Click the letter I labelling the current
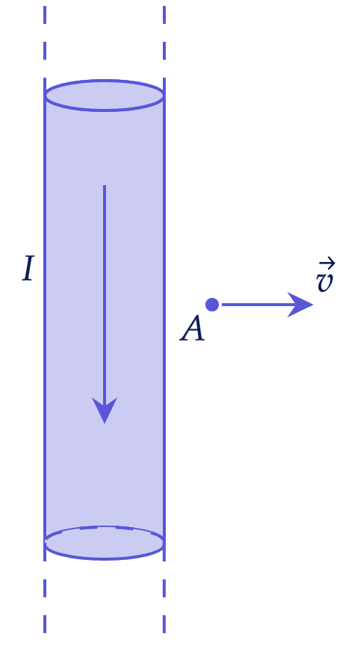28,269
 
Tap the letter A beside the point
192,328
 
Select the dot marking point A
212,305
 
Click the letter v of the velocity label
324,281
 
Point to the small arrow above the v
327,262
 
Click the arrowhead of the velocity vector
300,305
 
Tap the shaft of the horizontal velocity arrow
258,305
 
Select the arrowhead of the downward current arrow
105,410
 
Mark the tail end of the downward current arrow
105,186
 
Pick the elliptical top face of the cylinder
105,96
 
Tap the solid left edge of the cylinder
45,320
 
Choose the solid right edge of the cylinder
164,320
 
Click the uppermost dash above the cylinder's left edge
45,15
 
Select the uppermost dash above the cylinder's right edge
164,15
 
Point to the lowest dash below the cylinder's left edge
45,624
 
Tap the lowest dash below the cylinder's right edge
164,624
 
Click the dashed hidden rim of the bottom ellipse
105,527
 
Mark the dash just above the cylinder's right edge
164,51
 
